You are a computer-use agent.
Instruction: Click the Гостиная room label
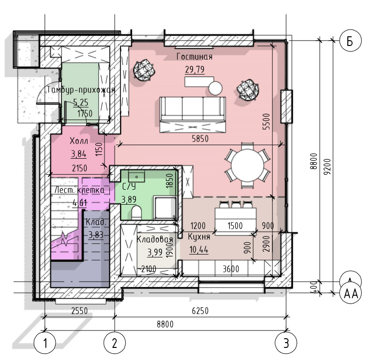click(194, 57)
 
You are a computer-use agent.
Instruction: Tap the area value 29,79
click(195, 69)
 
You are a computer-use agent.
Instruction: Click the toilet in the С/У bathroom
click(136, 213)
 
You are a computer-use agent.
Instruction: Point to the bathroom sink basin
click(136, 177)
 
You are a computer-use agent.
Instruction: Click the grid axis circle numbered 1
click(45, 343)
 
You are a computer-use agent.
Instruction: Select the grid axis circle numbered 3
click(286, 343)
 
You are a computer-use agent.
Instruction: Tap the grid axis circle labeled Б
click(350, 41)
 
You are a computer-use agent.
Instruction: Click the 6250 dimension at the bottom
click(200, 310)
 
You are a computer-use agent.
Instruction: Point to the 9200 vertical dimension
click(327, 166)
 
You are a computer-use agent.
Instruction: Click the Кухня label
click(199, 237)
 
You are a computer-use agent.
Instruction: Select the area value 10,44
click(199, 250)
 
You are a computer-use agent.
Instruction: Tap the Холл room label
click(79, 141)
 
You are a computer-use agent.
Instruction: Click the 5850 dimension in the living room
click(200, 138)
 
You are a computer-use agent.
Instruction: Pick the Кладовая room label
click(155, 239)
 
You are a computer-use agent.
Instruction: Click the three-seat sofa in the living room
click(193, 115)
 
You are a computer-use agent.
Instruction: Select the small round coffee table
click(215, 88)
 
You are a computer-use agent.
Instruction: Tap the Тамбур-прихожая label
click(81, 90)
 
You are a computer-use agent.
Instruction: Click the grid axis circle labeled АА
click(351, 294)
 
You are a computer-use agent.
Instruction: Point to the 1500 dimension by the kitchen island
click(235, 225)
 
